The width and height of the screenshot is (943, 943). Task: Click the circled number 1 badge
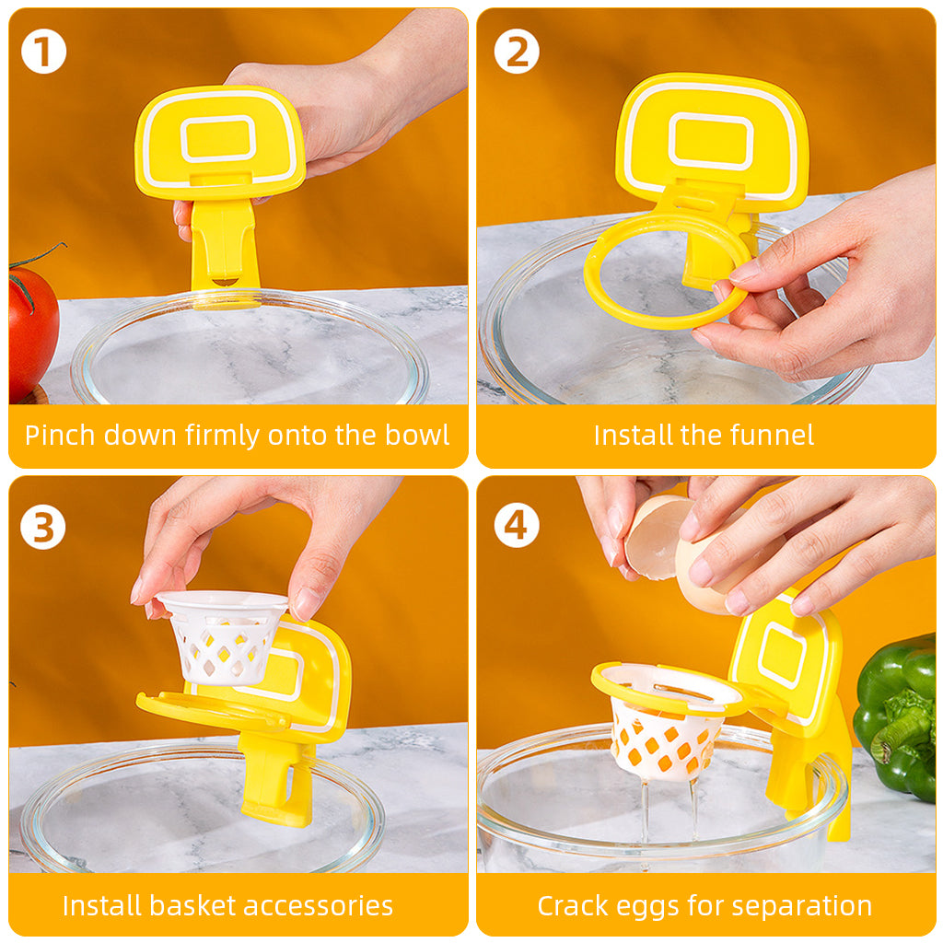pos(43,52)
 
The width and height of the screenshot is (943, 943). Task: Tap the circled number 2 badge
pos(517,52)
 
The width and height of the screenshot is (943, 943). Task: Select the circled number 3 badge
pos(42,528)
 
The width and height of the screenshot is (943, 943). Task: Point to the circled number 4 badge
pos(517,526)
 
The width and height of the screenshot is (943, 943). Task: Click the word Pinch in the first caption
pos(59,435)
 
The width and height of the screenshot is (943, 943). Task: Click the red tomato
pos(34,331)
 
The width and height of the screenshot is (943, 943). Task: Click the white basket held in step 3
pos(223,637)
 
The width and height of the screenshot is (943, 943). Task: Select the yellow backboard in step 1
pos(219,143)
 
